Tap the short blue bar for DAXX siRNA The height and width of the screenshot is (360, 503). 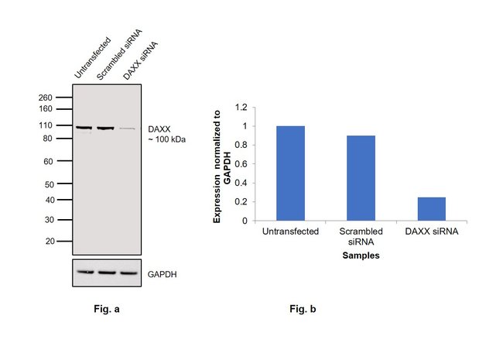click(431, 208)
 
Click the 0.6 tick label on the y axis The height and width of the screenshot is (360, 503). click(244, 164)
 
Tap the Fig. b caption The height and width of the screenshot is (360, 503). click(303, 309)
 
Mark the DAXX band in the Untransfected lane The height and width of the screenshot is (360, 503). click(84, 128)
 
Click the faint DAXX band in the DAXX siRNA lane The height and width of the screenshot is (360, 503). click(127, 129)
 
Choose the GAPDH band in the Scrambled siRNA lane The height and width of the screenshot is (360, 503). click(106, 273)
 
